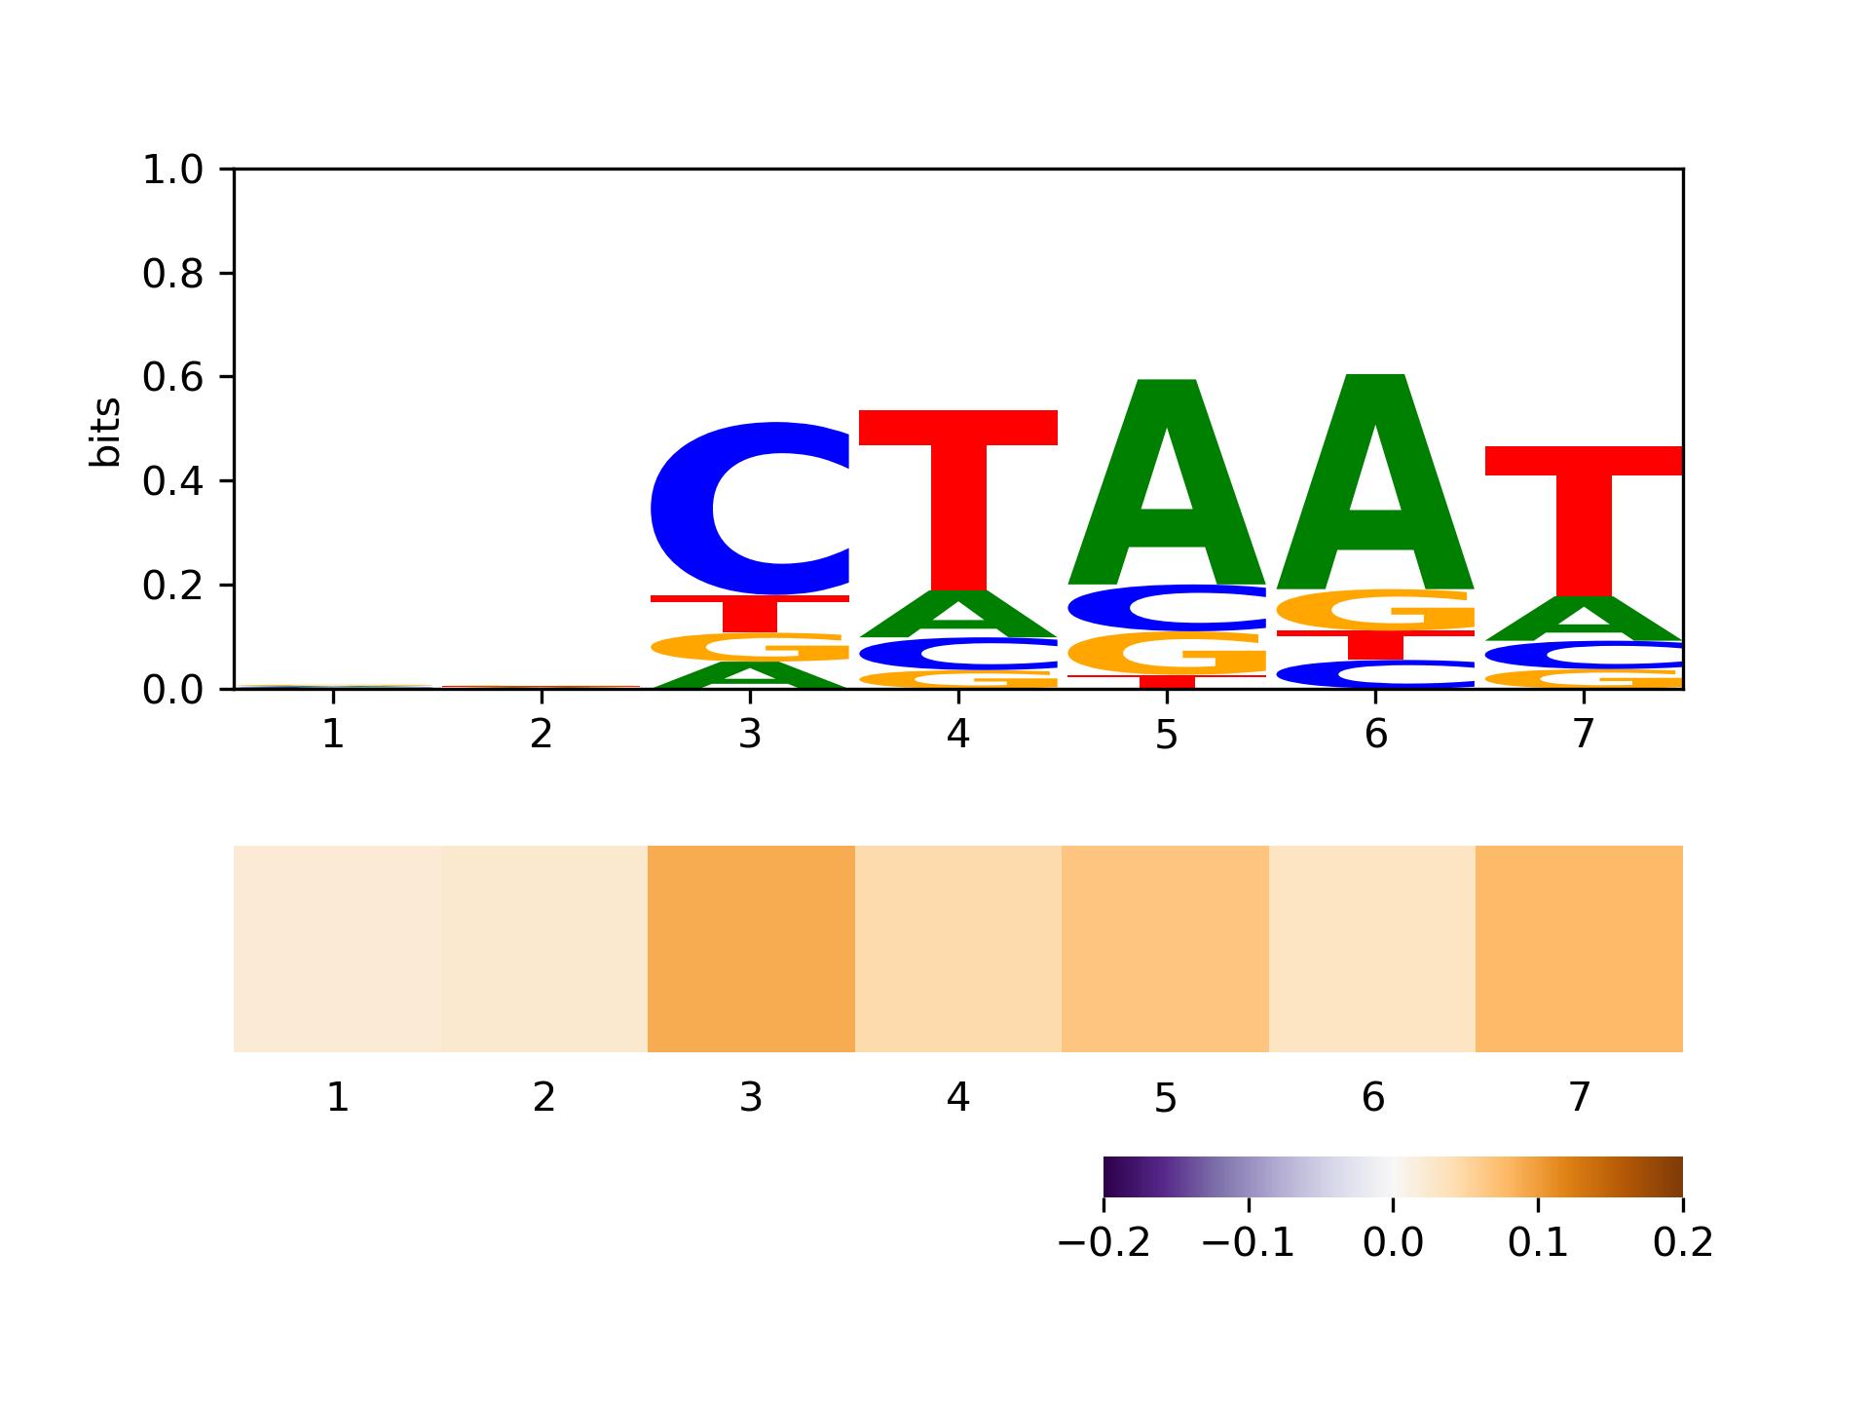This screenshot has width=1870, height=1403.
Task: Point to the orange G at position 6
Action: pos(1375,611)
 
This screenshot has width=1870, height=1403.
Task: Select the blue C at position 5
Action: pos(1167,607)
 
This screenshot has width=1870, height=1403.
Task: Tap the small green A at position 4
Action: pos(958,614)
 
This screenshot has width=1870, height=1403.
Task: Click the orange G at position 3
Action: pos(750,647)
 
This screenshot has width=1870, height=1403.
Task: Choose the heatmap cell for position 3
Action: pos(751,949)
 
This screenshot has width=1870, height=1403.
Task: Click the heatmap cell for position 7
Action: pos(1579,949)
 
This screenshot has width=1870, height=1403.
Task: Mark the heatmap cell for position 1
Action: pos(337,949)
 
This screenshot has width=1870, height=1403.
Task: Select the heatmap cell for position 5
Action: pos(1165,949)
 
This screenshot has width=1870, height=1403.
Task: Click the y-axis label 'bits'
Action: pos(105,432)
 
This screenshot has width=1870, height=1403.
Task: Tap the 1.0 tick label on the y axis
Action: pos(172,171)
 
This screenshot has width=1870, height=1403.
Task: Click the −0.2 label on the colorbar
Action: pos(1103,1243)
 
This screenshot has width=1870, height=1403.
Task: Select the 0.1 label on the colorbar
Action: pos(1538,1243)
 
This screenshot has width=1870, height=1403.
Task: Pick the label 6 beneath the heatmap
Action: pos(1372,1098)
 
